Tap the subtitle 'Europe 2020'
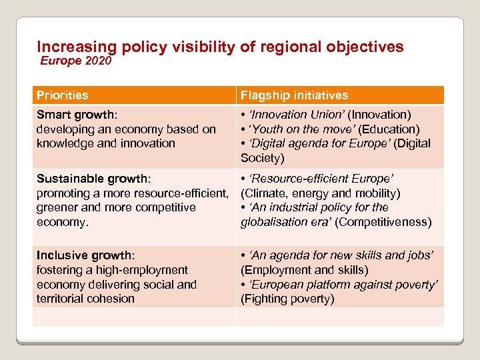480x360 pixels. tap(76, 61)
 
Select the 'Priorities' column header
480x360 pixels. tap(63, 95)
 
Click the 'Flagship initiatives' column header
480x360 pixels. tap(294, 95)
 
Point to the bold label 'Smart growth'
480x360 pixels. tap(73, 115)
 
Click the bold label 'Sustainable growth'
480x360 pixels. tap(92, 179)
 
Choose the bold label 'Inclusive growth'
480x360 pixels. tap(84, 255)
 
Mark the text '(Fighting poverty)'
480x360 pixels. tap(287, 299)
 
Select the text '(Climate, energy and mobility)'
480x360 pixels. tap(320, 193)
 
